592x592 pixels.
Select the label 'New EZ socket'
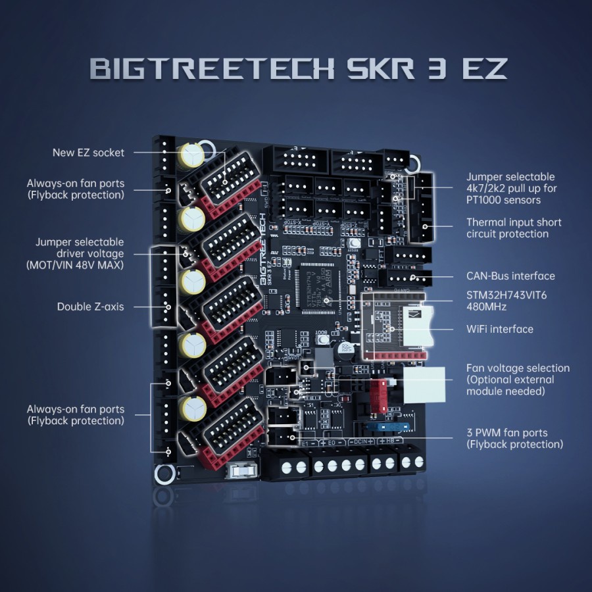tap(88, 153)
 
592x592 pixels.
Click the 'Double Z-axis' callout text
tap(90, 307)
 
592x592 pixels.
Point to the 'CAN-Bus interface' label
tap(510, 276)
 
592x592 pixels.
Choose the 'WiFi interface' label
tap(500, 329)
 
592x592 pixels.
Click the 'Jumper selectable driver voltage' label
tap(80, 254)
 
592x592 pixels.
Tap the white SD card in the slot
tap(421, 325)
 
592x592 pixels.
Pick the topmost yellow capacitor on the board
tap(191, 155)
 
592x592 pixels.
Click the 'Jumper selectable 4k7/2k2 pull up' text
tap(510, 188)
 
